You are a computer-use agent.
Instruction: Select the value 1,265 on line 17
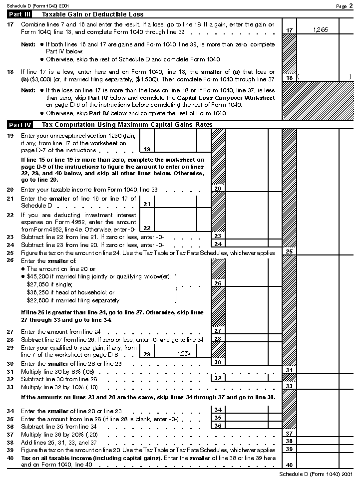pyautogui.click(x=321, y=30)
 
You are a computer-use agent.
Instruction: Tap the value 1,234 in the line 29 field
pyautogui.click(x=185, y=353)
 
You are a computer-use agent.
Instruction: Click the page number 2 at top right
pyautogui.click(x=351, y=5)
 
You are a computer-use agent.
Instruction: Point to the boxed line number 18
pyautogui.click(x=289, y=78)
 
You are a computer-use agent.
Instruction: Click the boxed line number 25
pyautogui.click(x=289, y=251)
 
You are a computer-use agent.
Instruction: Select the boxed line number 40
pyautogui.click(x=289, y=465)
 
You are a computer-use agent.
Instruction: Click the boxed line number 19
pyautogui.click(x=147, y=149)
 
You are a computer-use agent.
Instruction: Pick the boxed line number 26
pyautogui.click(x=218, y=283)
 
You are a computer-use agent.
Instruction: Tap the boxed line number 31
pyautogui.click(x=289, y=370)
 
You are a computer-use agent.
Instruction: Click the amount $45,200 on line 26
pyautogui.click(x=38, y=276)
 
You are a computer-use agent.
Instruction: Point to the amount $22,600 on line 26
pyautogui.click(x=38, y=300)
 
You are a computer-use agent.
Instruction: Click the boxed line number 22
pyautogui.click(x=147, y=228)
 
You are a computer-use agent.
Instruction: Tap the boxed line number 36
pyautogui.click(x=218, y=426)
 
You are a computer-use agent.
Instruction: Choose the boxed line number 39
pyautogui.click(x=289, y=449)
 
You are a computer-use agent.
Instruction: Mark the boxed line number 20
pyautogui.click(x=218, y=189)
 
